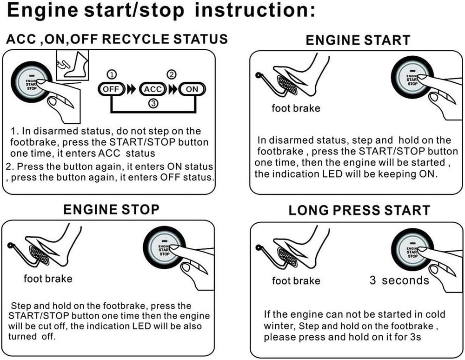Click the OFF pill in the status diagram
coord(111,88)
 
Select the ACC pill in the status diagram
coord(153,88)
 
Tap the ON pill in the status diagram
coord(191,88)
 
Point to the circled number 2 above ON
coord(172,74)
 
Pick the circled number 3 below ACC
coord(152,104)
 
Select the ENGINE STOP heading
coord(111,209)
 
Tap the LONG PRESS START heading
coord(359,210)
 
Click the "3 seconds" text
coord(399,280)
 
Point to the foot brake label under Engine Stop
coord(48,279)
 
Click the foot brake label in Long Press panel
coord(296,280)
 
